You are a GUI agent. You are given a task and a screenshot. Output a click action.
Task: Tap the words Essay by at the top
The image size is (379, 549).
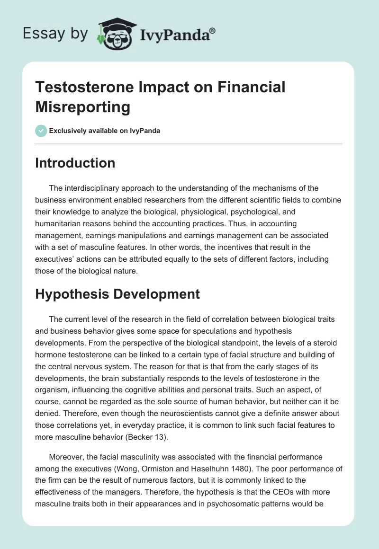(x=55, y=34)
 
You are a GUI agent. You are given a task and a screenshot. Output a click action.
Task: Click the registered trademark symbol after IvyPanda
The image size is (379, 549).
(x=212, y=31)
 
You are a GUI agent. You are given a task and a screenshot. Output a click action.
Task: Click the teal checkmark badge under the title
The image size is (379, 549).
(x=41, y=131)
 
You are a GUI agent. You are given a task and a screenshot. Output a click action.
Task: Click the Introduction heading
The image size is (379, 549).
(x=75, y=163)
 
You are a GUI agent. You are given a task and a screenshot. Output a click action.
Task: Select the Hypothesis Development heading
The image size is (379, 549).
(x=117, y=294)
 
